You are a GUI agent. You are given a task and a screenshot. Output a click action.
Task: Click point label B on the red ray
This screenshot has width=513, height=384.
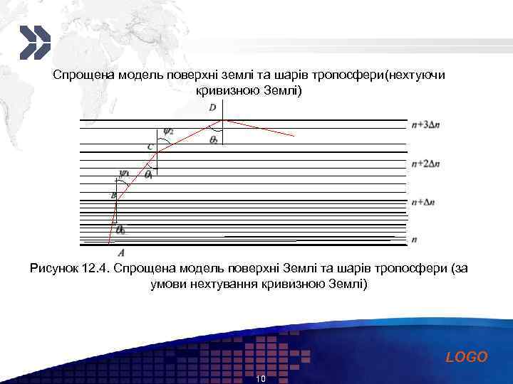[x=113, y=196]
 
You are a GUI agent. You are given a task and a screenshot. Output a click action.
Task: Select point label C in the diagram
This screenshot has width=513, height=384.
[x=150, y=146]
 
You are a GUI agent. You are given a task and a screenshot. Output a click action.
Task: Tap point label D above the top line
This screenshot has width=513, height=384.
[x=212, y=107]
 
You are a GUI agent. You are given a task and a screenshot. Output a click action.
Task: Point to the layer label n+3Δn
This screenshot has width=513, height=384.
[x=426, y=124]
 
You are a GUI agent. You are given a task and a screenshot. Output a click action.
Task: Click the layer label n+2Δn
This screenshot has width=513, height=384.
[x=426, y=164]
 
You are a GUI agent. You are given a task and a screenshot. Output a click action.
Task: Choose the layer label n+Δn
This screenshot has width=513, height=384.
[x=423, y=202]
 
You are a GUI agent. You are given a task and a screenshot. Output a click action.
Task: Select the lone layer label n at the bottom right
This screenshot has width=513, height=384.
[x=414, y=240]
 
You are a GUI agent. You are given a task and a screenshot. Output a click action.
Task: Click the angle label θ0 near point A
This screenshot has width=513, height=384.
[x=121, y=230]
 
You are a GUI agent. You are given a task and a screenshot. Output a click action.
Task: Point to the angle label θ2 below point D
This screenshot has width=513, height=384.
[x=214, y=140]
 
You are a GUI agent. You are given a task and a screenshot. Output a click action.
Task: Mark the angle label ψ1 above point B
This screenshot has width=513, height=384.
[x=125, y=172]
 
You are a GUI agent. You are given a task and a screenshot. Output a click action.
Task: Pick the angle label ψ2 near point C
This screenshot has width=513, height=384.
[x=168, y=130]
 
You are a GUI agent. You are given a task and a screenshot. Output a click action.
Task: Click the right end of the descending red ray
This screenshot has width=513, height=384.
[x=293, y=135]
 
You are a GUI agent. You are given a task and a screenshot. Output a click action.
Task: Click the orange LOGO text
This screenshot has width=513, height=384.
[x=467, y=357]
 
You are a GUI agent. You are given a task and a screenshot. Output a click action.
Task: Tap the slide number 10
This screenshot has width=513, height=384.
[x=260, y=379]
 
